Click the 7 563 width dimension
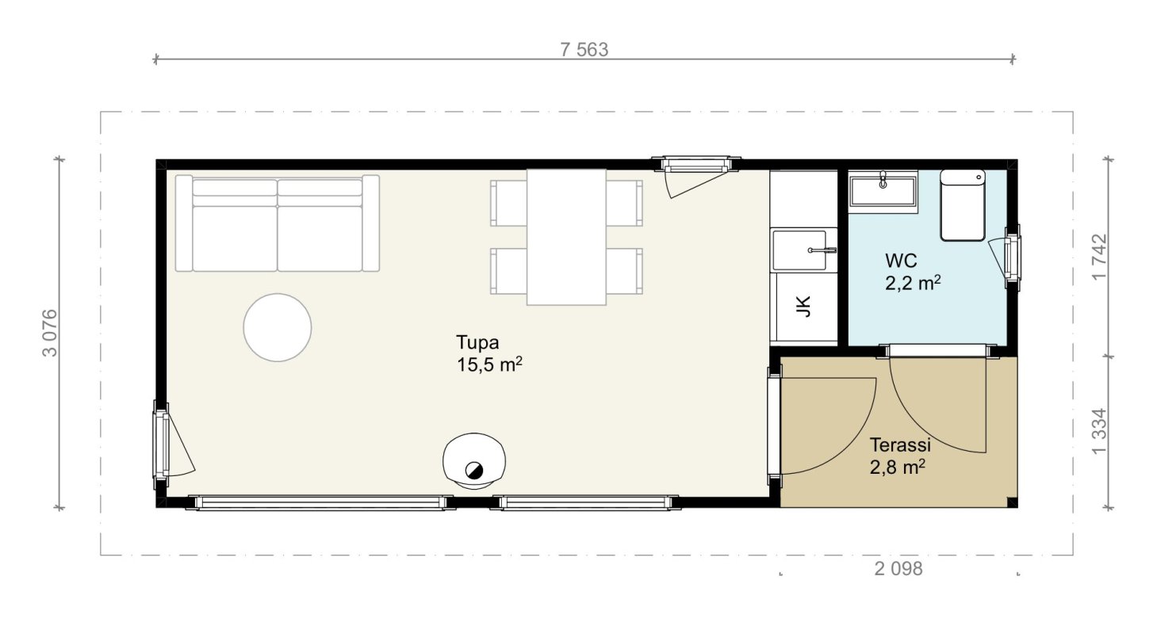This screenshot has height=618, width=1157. (584, 50)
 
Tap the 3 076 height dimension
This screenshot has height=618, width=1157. (50, 333)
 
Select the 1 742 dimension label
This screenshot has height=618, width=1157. (1099, 257)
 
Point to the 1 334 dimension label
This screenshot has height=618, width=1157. (1099, 431)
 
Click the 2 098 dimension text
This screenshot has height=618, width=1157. (898, 569)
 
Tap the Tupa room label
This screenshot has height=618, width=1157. (477, 342)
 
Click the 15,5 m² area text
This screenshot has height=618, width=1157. (489, 364)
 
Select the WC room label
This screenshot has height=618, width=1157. (901, 261)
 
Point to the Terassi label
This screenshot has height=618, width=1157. (900, 444)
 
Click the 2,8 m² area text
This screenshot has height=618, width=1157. (897, 467)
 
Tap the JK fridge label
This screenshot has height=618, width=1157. (803, 307)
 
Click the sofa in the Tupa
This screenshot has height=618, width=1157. (278, 223)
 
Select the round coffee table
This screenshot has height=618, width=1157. (278, 327)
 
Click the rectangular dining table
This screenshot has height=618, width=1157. (566, 237)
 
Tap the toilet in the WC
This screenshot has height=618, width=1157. (962, 204)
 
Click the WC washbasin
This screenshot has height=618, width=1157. (883, 192)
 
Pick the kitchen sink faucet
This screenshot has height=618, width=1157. (822, 250)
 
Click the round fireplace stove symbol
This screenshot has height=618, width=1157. (474, 461)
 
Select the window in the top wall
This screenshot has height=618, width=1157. (695, 165)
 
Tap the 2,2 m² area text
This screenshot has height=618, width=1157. (913, 283)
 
